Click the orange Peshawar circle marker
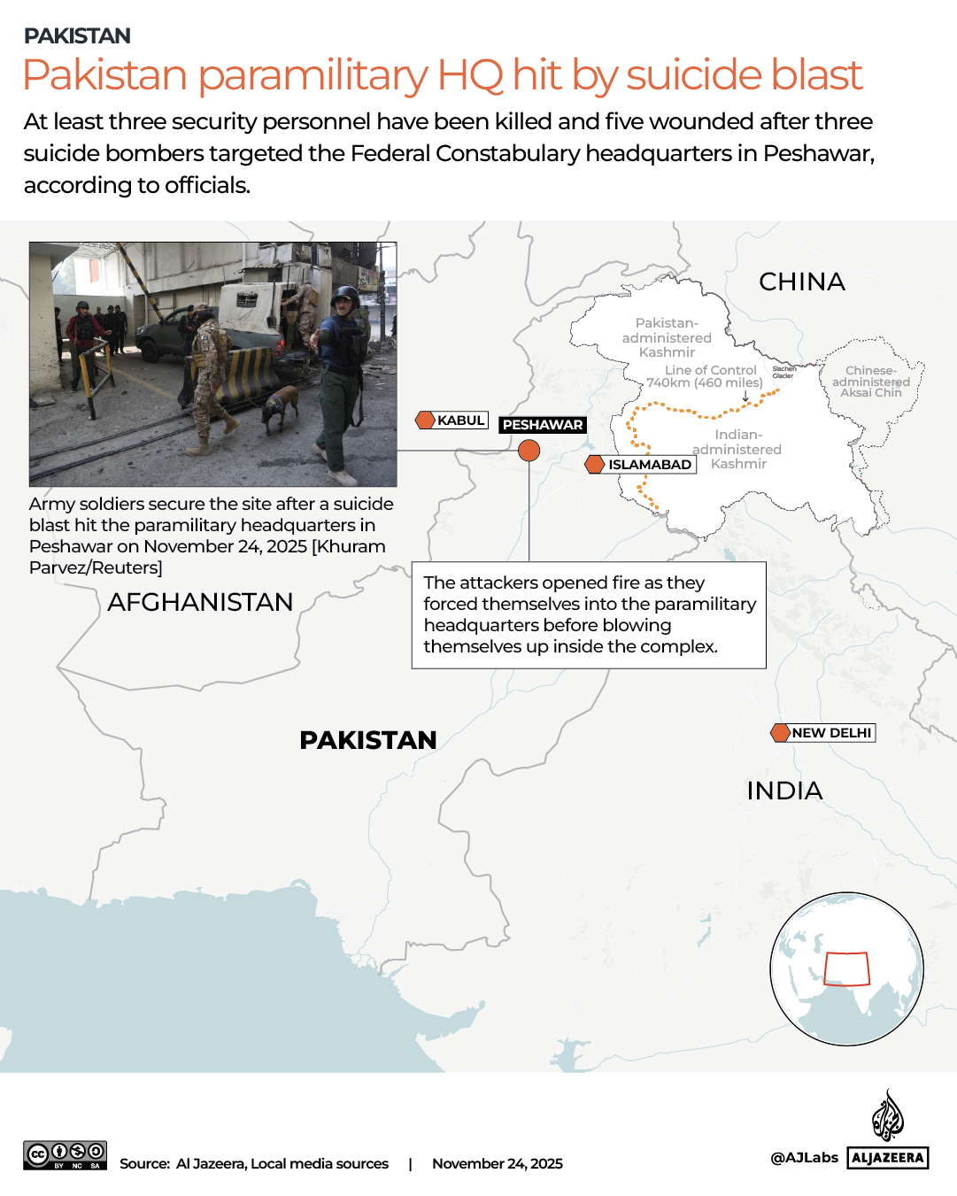pos(529,451)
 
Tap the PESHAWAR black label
pos(543,425)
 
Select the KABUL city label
pos(460,421)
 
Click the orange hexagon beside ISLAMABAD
pos(595,464)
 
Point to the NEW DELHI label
pos(831,733)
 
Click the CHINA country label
pos(802,282)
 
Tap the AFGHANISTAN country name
pos(200,602)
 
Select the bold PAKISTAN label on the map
pos(368,740)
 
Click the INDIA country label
pos(784,791)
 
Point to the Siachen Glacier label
pos(784,372)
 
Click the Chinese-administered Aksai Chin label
pos(871,382)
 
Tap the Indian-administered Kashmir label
pos(738,449)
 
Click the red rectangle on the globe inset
pos(846,968)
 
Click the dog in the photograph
pos(281,408)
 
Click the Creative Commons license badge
pos(66,1155)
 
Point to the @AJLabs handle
pos(804,1157)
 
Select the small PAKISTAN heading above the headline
pos(77,35)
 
